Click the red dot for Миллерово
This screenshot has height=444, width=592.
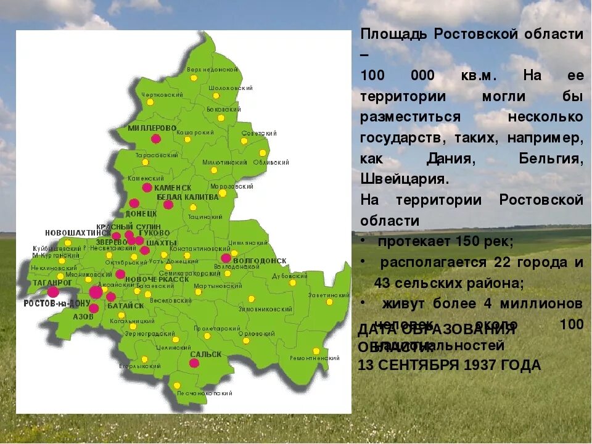click(156, 139)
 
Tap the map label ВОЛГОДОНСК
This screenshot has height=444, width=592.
click(260, 261)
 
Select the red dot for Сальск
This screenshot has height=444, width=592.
click(194, 363)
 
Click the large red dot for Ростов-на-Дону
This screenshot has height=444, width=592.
click(96, 292)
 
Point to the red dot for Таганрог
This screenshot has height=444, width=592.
click(54, 292)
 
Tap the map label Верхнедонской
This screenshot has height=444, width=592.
click(213, 70)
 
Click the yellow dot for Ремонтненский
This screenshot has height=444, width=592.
click(316, 351)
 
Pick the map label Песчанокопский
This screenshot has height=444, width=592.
click(205, 393)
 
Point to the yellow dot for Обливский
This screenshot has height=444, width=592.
click(263, 153)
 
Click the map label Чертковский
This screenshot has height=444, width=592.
click(162, 95)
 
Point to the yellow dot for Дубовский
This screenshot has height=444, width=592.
click(292, 283)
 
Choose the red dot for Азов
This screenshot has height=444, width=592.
click(94, 308)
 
